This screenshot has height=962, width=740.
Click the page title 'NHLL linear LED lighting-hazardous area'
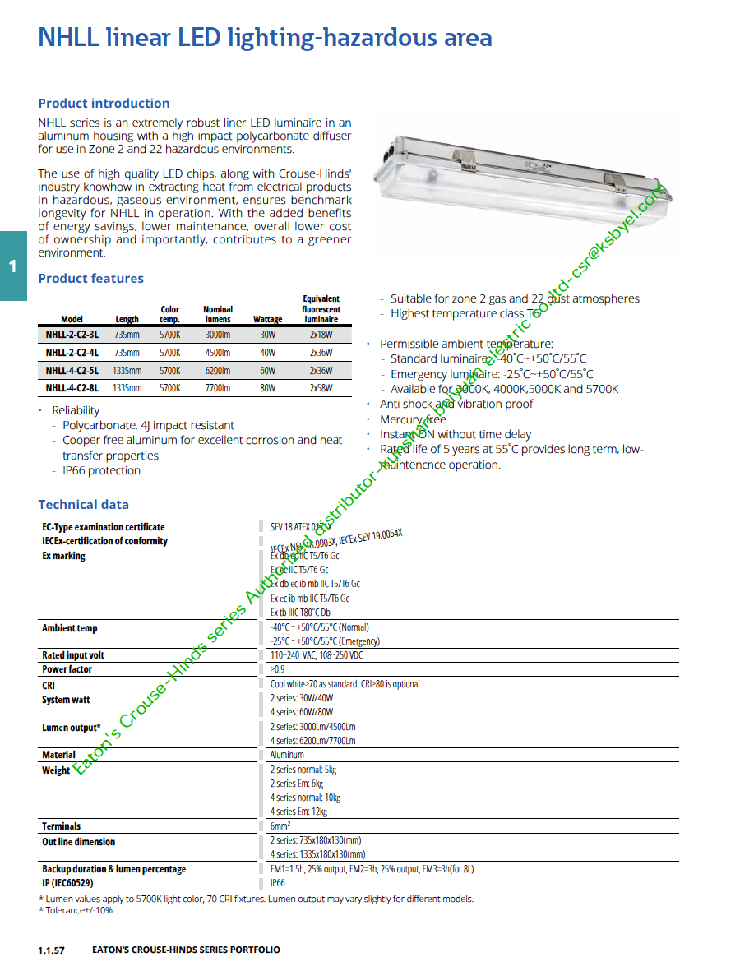pos(265,38)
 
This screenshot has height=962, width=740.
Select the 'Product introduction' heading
pos(104,104)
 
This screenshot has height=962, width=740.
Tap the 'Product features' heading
pos(90,279)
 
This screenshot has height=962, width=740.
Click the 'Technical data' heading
pos(83,505)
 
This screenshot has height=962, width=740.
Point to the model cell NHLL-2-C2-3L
pos(72,335)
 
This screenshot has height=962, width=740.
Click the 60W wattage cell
pos(268,371)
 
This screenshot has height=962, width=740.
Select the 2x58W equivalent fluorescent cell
pos(321,388)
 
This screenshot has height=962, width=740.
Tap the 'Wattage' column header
pos(268,320)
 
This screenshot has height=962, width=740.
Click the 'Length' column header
pos(127,320)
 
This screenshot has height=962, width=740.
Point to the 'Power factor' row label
pos(67,669)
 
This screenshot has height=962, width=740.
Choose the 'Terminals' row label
pos(62,826)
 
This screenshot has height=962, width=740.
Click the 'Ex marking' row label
pos(63,557)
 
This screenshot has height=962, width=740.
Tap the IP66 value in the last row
pos(278,883)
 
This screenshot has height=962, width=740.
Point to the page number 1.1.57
pos(51,950)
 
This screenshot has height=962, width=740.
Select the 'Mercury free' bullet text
pos(413,419)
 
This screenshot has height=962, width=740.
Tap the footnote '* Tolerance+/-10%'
pos(76,910)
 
